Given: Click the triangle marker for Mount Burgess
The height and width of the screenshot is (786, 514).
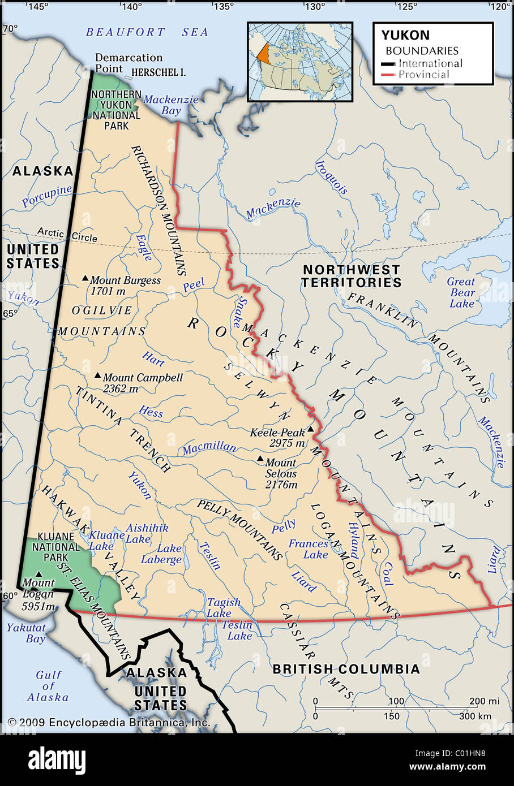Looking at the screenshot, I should pyautogui.click(x=85, y=278).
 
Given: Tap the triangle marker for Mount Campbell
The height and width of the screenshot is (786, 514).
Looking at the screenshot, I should pyautogui.click(x=97, y=375).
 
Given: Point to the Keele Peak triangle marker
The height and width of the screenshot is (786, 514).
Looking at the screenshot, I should pyautogui.click(x=310, y=429).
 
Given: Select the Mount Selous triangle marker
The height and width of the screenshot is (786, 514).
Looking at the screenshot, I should pyautogui.click(x=260, y=459).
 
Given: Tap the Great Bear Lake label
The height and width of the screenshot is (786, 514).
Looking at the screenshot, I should pyautogui.click(x=461, y=292).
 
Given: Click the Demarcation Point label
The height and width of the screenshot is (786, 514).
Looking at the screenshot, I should pyautogui.click(x=128, y=63).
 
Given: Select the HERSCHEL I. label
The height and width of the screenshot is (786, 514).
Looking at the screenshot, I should pyautogui.click(x=159, y=72).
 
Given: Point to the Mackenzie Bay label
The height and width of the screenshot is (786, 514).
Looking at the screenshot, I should pyautogui.click(x=171, y=105).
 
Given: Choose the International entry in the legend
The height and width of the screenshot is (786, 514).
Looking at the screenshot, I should pyautogui.click(x=430, y=63).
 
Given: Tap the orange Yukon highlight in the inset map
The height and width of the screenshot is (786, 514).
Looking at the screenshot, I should pyautogui.click(x=263, y=53).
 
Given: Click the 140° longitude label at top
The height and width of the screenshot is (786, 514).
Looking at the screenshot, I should pyautogui.click(x=131, y=7).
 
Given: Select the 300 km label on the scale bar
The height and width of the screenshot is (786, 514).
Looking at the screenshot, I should pyautogui.click(x=476, y=716).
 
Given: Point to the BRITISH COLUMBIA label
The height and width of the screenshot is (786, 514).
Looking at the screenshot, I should pyautogui.click(x=346, y=669).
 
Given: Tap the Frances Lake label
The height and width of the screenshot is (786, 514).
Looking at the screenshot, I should pyautogui.click(x=309, y=549).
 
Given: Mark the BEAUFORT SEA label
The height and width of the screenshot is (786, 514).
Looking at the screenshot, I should pyautogui.click(x=147, y=32).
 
